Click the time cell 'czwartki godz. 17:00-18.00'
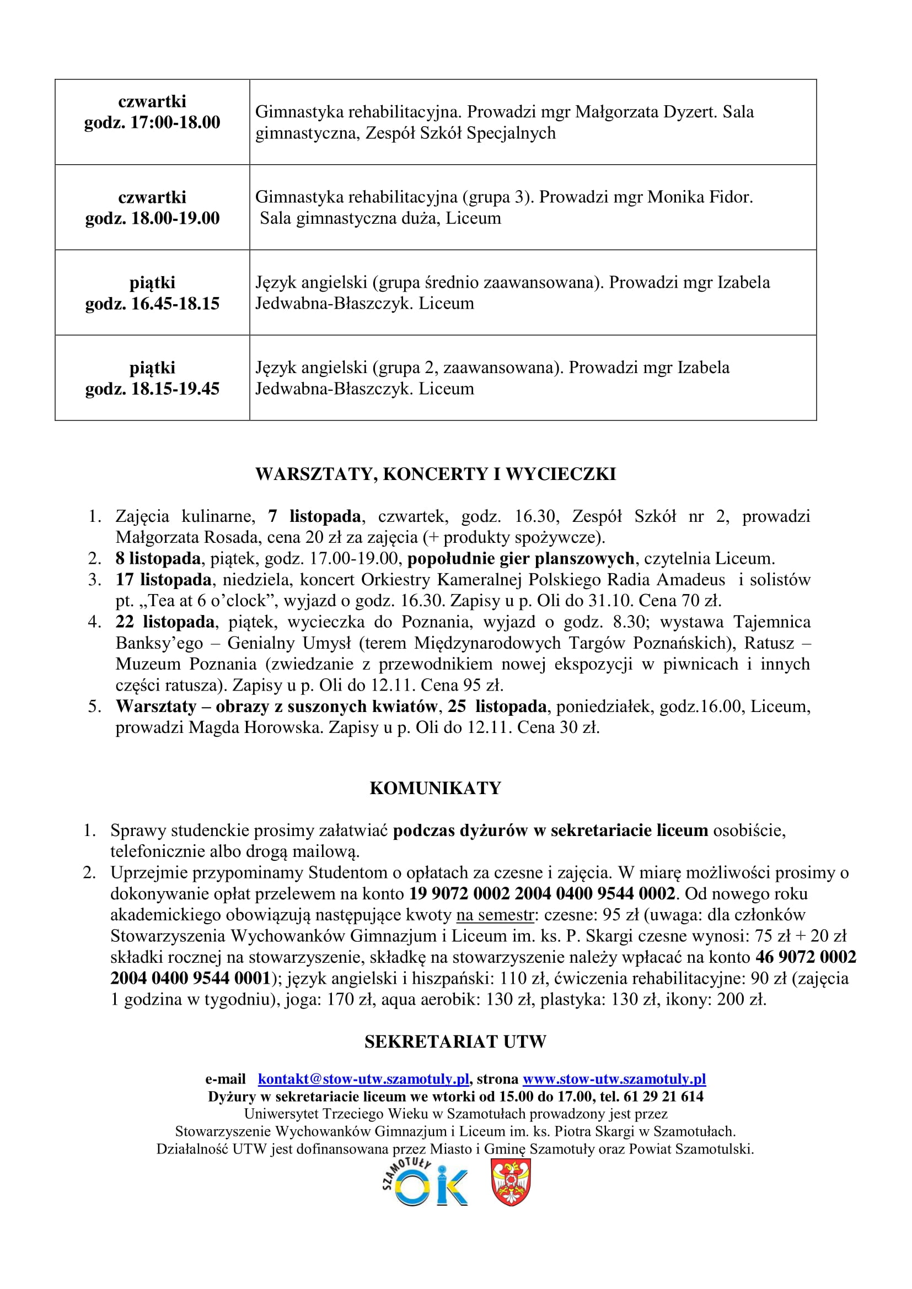pos(152,112)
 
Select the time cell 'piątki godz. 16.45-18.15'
pos(152,293)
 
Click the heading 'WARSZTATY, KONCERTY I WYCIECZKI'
pos(435,474)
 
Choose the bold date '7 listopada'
pos(314,516)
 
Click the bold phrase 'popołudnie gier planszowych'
pos(521,559)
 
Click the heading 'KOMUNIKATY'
pos(435,788)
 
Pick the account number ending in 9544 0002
pos(542,893)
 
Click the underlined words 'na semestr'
pos(494,915)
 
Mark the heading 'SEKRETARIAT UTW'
pos(455,1042)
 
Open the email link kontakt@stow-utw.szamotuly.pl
pos(363,1079)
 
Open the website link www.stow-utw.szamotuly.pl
pos(614,1079)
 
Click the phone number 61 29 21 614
pos(663,1097)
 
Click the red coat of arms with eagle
pos(511,1182)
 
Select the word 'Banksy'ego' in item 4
pos(159,643)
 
